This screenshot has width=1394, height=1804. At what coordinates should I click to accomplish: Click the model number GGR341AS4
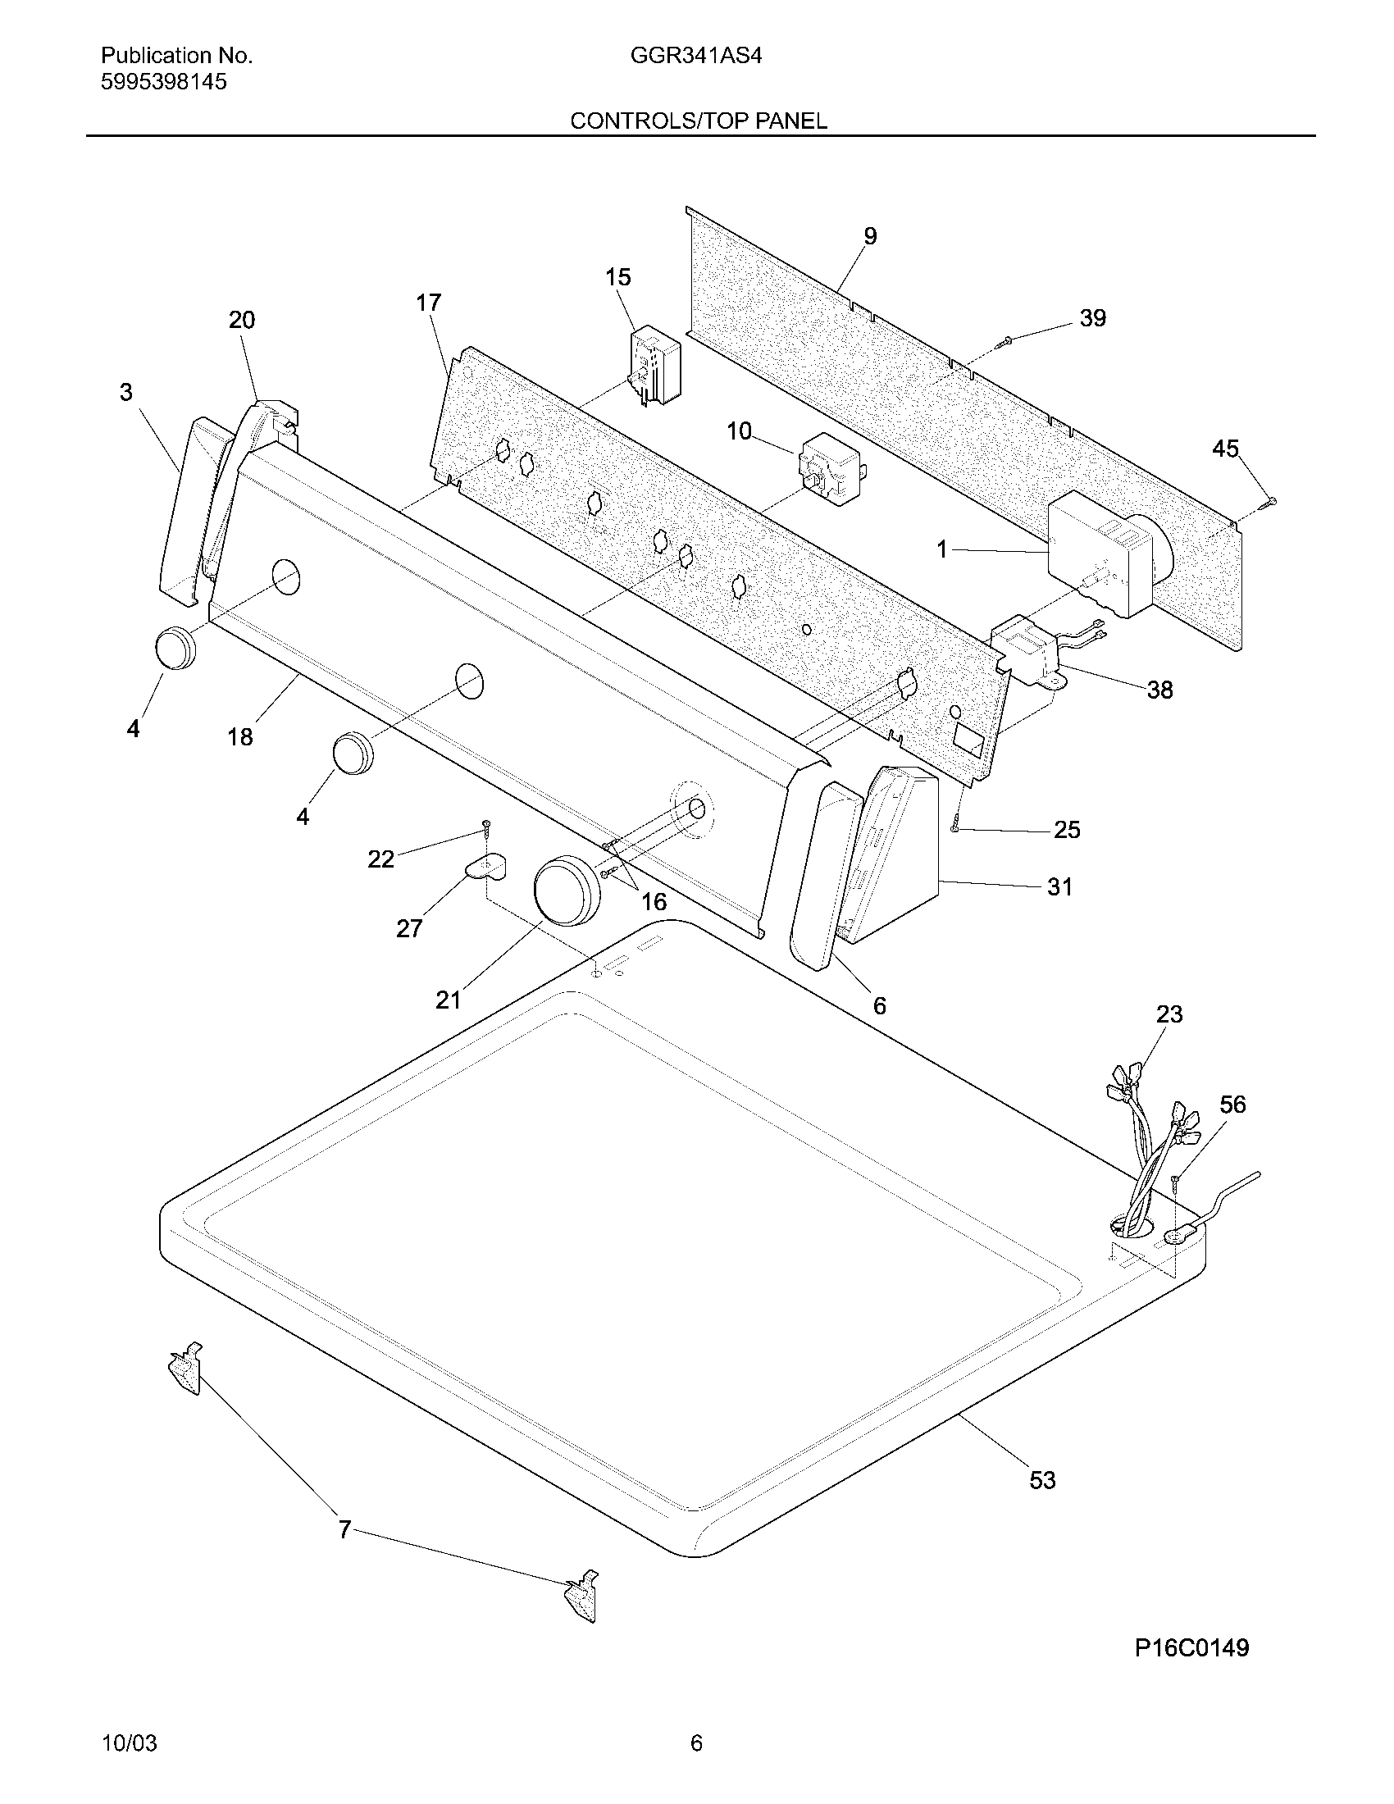coord(695,56)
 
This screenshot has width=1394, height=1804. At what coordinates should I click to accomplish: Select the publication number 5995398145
coord(163,82)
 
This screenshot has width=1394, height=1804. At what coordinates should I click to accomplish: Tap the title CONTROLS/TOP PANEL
coord(698,121)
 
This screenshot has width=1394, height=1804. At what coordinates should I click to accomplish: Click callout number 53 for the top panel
coord(1042,1480)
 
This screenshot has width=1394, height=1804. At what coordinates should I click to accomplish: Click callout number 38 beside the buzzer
coord(1159,690)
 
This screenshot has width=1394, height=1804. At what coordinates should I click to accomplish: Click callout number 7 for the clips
coord(345,1530)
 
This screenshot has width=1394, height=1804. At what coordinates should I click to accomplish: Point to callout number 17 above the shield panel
coord(429,303)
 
